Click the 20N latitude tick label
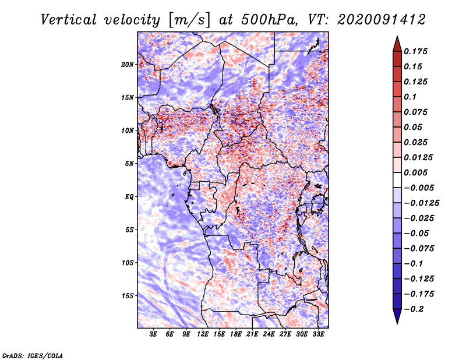pyautogui.click(x=128, y=65)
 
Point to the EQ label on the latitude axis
pyautogui.click(x=129, y=197)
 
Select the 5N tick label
pyautogui.click(x=129, y=164)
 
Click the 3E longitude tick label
pyautogui.click(x=153, y=334)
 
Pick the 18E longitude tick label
pyautogui.click(x=236, y=334)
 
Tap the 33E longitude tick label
pyautogui.click(x=318, y=334)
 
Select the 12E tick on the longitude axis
pyautogui.click(x=203, y=334)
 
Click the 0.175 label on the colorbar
pyautogui.click(x=415, y=51)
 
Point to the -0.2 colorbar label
pyautogui.click(x=414, y=309)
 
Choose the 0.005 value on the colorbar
pyautogui.click(x=415, y=172)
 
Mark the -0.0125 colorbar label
pyautogui.click(x=421, y=203)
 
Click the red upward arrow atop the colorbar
pyautogui.click(x=397, y=44)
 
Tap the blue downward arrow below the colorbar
pyautogui.click(x=397, y=316)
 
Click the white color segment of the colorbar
pyautogui.click(x=397, y=180)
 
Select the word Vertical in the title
pyautogui.click(x=69, y=20)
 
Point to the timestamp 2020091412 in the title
pyautogui.click(x=382, y=20)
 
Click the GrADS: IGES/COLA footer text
pyautogui.click(x=33, y=355)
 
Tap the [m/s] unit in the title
pyautogui.click(x=189, y=20)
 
